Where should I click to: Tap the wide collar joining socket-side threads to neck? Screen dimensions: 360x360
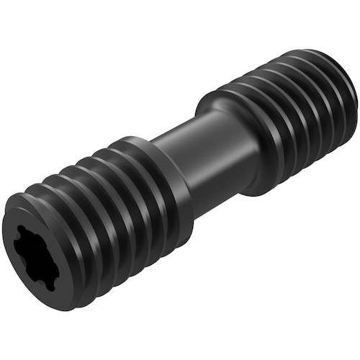click(x=169, y=187)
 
